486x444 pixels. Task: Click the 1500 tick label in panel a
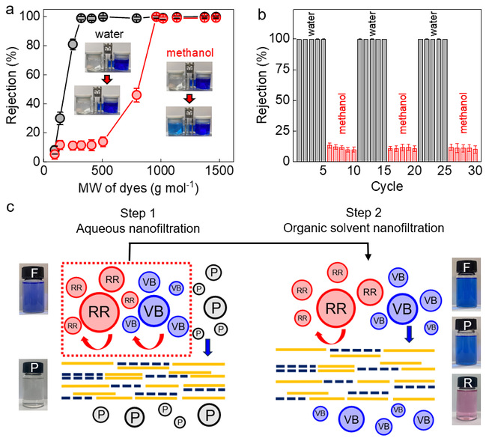pos(219,171)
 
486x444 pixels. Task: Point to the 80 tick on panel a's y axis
pos(33,45)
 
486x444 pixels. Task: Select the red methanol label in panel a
pos(190,53)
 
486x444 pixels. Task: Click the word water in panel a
pos(109,34)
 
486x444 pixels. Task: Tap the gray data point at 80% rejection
pos(73,44)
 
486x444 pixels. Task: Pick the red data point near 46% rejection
pos(137,95)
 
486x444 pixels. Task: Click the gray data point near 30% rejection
pos(60,118)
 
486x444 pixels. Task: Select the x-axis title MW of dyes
pos(139,187)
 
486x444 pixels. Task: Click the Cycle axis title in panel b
pos(387,186)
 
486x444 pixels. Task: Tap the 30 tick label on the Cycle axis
pos(475,171)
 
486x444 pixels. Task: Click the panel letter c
pos(10,207)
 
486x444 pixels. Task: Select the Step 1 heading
pos(138,213)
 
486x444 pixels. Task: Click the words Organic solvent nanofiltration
pos(364,228)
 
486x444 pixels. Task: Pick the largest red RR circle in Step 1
pos(99,312)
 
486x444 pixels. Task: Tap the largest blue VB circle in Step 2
pos(402,308)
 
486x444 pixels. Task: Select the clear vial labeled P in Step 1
pos(33,385)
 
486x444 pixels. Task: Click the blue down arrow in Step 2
pos(409,334)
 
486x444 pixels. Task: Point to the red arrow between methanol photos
pos(189,99)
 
